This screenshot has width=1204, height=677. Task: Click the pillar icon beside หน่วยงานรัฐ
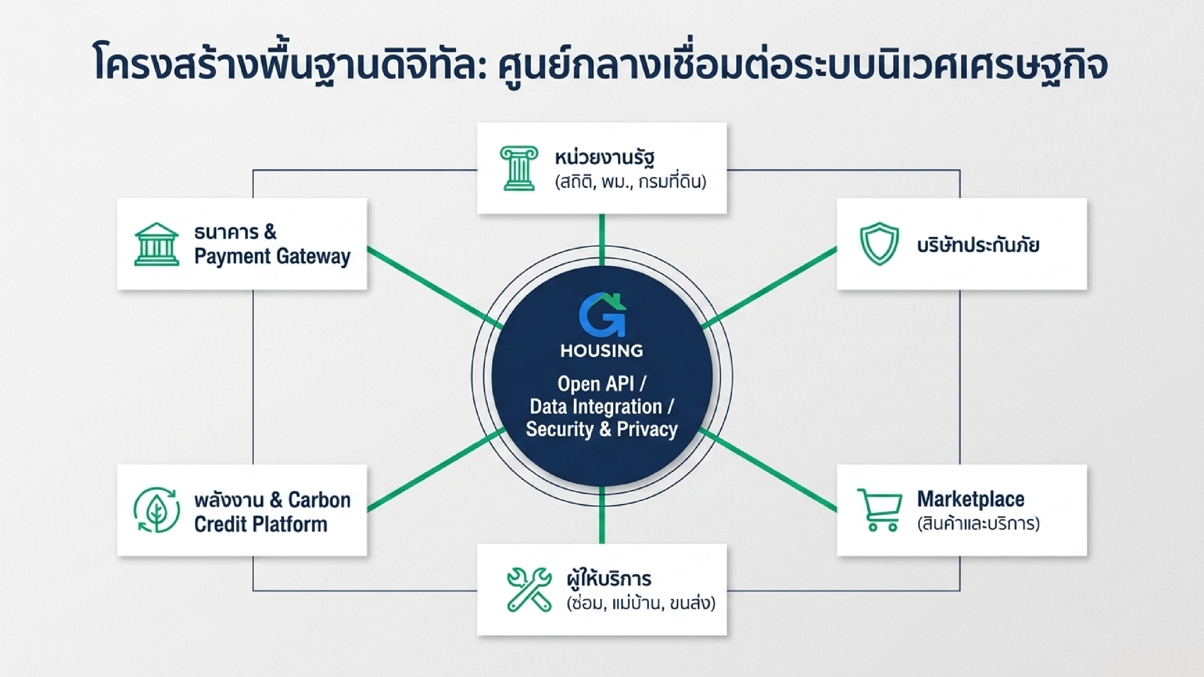(x=519, y=168)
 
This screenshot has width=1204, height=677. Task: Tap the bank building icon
(x=157, y=244)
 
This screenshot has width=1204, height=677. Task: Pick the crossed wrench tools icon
(x=529, y=590)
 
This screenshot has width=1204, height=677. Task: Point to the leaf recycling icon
(x=157, y=510)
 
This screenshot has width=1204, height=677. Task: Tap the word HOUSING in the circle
(x=602, y=350)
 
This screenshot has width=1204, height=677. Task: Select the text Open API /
(x=602, y=384)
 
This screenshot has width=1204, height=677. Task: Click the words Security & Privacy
(x=602, y=429)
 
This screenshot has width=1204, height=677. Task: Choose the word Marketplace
(x=971, y=499)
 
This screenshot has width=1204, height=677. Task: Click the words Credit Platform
(x=261, y=524)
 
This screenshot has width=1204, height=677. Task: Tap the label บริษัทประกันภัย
(x=978, y=244)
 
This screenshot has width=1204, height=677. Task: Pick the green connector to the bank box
(x=435, y=287)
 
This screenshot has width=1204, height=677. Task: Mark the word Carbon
(x=319, y=500)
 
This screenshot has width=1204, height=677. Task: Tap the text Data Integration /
(x=602, y=407)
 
